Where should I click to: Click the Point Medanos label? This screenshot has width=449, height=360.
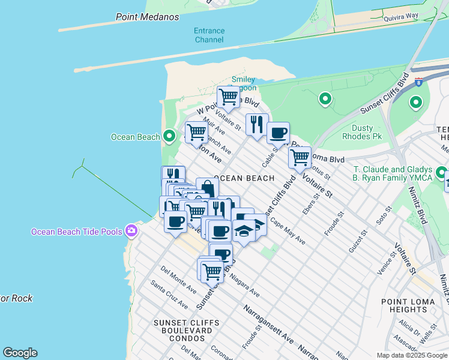tap(147, 17)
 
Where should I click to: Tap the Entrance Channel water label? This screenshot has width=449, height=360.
tap(209, 35)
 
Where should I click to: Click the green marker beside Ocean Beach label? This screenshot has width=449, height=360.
tap(169, 137)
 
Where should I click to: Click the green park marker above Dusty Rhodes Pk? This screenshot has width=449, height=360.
tap(325, 99)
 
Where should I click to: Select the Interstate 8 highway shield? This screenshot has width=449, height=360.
tap(418, 80)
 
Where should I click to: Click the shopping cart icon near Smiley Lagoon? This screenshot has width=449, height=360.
tap(228, 96)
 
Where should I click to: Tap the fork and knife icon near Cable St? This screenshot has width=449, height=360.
tap(257, 124)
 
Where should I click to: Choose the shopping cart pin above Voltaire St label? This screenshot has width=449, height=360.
tap(299, 157)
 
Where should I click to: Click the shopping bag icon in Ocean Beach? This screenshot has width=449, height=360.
tap(207, 188)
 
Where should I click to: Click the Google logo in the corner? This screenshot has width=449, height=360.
tap(20, 353)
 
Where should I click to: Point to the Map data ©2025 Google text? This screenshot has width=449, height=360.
tap(411, 355)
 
